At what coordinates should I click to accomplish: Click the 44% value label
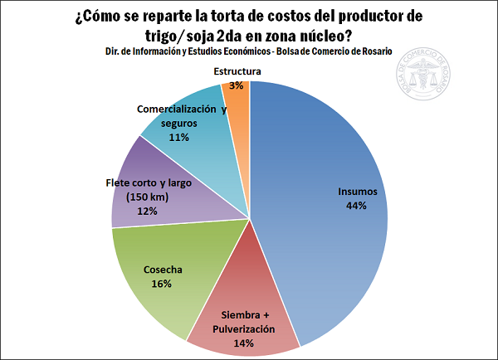358,206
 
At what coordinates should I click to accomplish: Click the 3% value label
237,85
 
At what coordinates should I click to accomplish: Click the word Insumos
358,192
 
